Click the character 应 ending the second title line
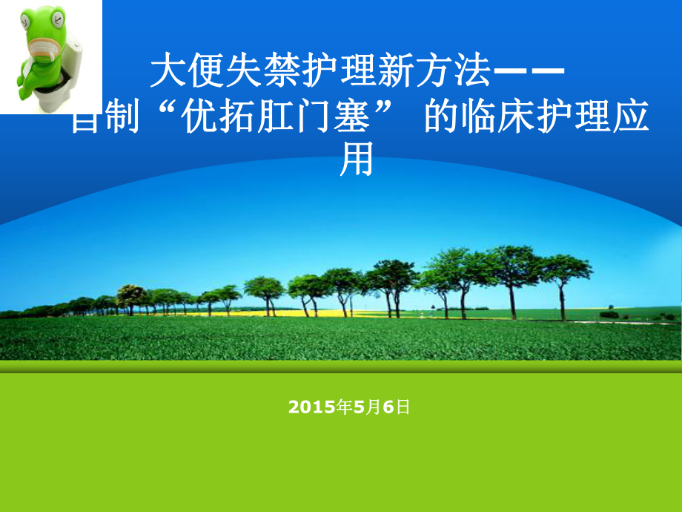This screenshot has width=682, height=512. coord(631,119)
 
